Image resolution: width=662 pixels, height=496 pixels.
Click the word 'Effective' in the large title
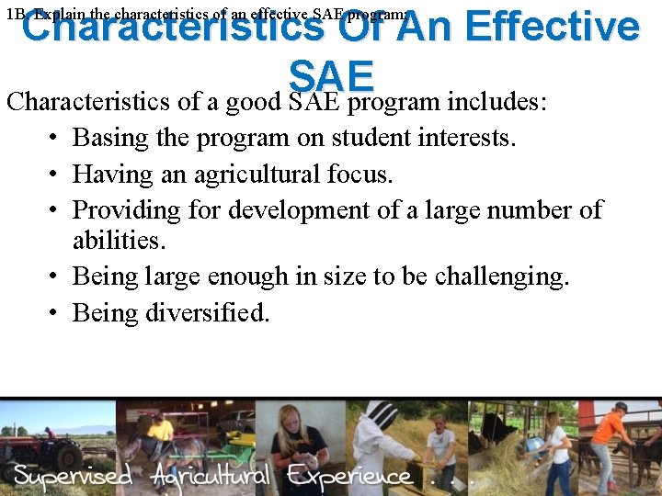pyautogui.click(x=552, y=28)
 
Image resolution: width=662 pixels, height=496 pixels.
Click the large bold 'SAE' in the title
pyautogui.click(x=331, y=75)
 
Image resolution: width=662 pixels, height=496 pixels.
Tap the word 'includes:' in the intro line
pyautogui.click(x=496, y=100)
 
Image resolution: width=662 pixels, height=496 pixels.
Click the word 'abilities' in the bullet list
pyautogui.click(x=115, y=241)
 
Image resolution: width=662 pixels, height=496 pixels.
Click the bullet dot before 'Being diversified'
pyautogui.click(x=55, y=313)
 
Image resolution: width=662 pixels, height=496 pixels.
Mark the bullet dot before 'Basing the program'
pyautogui.click(x=55, y=139)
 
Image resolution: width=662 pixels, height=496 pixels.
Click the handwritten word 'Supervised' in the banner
pyautogui.click(x=74, y=477)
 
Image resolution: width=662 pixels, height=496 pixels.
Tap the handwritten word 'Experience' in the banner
pyautogui.click(x=349, y=477)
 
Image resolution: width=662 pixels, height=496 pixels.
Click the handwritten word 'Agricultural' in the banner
pyautogui.click(x=211, y=477)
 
